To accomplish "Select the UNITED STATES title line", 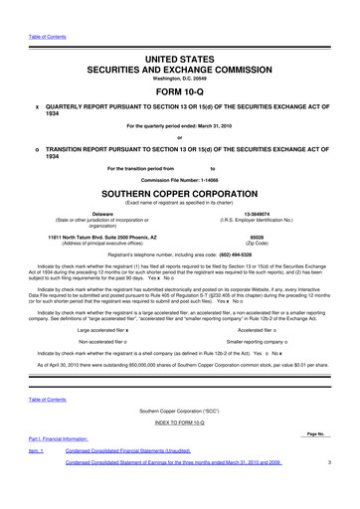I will pos(180,34).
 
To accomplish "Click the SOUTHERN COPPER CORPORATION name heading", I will pos(180,192).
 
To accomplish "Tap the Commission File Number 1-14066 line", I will pos(180,178).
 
